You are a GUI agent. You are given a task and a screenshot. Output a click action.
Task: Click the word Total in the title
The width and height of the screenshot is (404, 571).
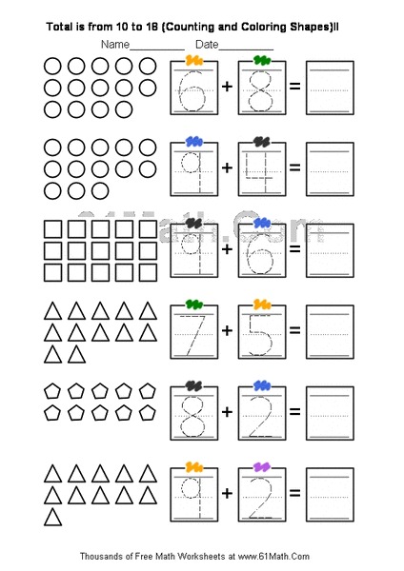pos(62,29)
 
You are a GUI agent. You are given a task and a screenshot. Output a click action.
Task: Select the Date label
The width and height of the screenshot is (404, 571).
pos(207,45)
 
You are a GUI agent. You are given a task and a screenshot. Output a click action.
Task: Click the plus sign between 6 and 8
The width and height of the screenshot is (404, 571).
pos(227,87)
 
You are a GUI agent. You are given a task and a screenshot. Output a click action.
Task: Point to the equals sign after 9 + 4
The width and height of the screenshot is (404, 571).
pos(294,167)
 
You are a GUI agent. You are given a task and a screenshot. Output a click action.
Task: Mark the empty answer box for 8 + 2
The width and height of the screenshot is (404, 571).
pos(330,412)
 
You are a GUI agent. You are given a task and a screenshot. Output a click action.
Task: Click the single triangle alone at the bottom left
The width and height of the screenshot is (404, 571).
pos(54,517)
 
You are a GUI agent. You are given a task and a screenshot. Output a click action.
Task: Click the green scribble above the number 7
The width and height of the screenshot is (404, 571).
pos(194,305)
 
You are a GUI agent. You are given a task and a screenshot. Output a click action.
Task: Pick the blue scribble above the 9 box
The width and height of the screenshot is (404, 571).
pos(194,142)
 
